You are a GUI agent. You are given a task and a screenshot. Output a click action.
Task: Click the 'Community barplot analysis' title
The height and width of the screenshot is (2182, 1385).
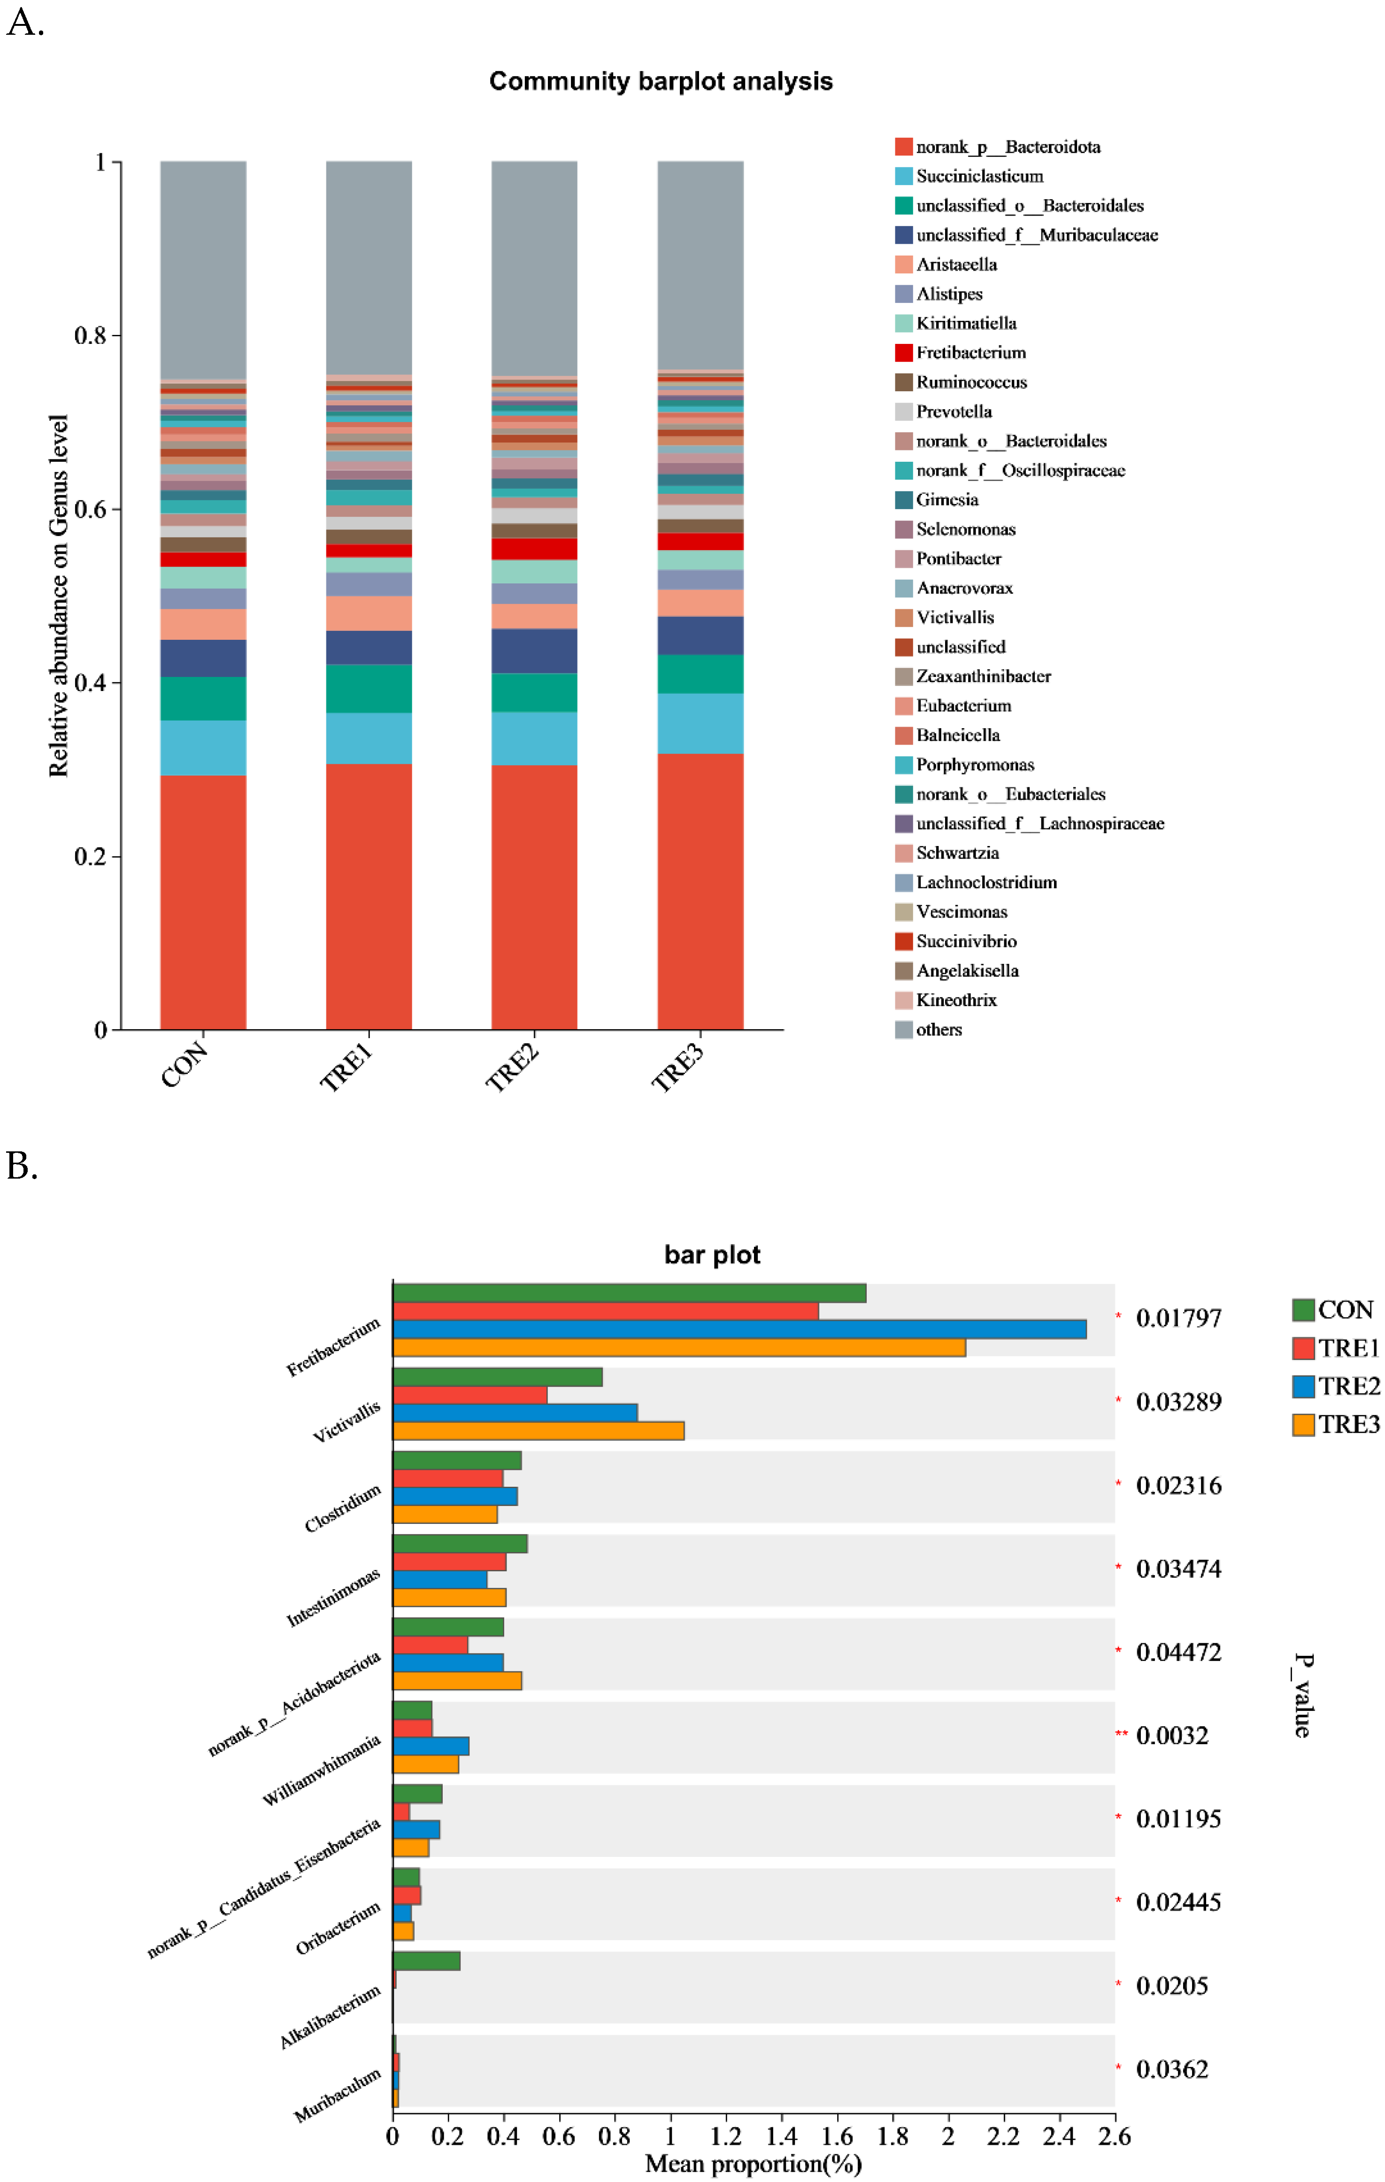tap(661, 82)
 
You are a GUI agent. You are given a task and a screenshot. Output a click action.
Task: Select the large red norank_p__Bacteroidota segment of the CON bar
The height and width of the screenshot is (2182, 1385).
tap(203, 901)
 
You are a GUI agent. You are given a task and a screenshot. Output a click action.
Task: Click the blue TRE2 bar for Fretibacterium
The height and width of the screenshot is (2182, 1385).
tap(738, 1329)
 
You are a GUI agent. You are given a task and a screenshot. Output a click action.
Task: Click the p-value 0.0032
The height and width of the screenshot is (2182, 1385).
tap(1171, 1735)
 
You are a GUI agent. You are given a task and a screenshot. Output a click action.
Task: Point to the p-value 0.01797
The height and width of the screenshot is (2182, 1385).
tap(1177, 1319)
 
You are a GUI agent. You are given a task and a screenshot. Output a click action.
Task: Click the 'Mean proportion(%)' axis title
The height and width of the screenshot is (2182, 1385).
tap(753, 2164)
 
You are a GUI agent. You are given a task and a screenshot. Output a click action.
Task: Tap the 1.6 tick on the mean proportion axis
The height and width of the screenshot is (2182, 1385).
tap(837, 2137)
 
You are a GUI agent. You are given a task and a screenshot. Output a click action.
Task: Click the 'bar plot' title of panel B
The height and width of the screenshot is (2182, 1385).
tap(712, 1255)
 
